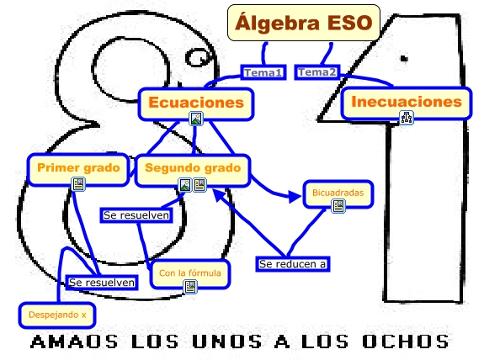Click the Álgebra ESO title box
click(303, 23)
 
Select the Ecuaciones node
click(196, 103)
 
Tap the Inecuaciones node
click(407, 103)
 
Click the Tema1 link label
click(263, 72)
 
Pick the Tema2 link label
click(317, 72)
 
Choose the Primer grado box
click(78, 169)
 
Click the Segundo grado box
click(193, 170)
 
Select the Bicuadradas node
click(338, 193)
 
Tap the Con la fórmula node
click(190, 274)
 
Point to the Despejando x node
click(57, 315)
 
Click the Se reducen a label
click(293, 264)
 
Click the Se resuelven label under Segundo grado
click(136, 215)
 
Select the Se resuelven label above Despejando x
click(102, 283)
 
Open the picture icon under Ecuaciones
click(196, 119)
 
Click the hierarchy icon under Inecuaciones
click(407, 118)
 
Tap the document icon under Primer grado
click(78, 184)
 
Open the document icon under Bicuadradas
click(338, 206)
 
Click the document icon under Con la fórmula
click(190, 287)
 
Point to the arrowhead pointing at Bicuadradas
click(295, 197)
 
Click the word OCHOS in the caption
click(406, 341)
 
